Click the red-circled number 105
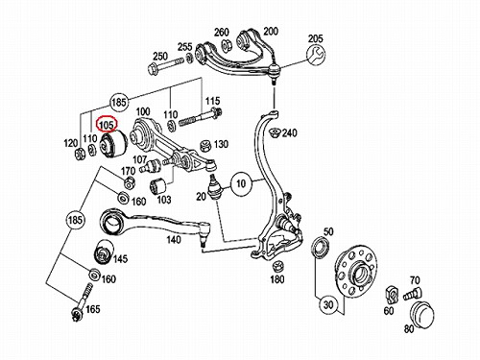pyautogui.click(x=107, y=124)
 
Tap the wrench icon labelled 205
pyautogui.click(x=315, y=54)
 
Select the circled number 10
pyautogui.click(x=241, y=183)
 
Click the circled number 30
pyautogui.click(x=328, y=304)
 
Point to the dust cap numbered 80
pyautogui.click(x=422, y=313)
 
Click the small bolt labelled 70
pyautogui.click(x=412, y=294)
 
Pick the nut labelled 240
pyautogui.click(x=276, y=132)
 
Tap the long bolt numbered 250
pyautogui.click(x=166, y=64)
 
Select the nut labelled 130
pyautogui.click(x=205, y=146)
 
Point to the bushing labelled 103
pyautogui.click(x=157, y=186)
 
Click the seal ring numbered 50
pyautogui.click(x=321, y=247)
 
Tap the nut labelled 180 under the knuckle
pyautogui.click(x=276, y=267)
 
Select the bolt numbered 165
pyautogui.click(x=82, y=302)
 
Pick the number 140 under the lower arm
pyautogui.click(x=174, y=239)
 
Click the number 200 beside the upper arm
pyautogui.click(x=271, y=31)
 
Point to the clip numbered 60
pyautogui.click(x=392, y=295)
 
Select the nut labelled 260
pyautogui.click(x=228, y=45)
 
